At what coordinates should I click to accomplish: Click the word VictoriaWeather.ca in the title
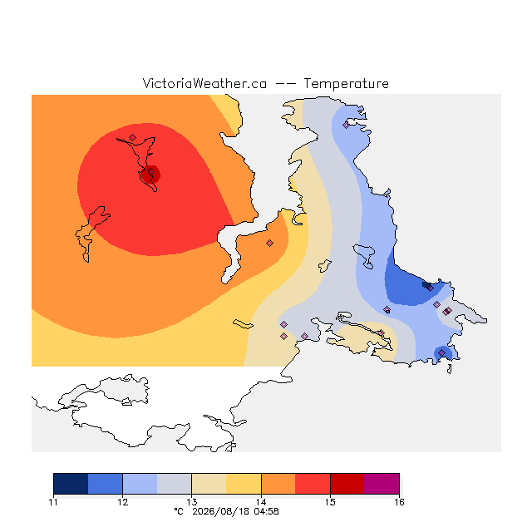pyautogui.click(x=204, y=83)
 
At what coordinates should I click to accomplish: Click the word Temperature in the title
pyautogui.click(x=346, y=83)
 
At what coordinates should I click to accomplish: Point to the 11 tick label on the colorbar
pyautogui.click(x=53, y=502)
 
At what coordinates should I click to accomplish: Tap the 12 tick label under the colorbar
pyautogui.click(x=122, y=502)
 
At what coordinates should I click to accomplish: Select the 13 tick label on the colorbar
pyautogui.click(x=192, y=502)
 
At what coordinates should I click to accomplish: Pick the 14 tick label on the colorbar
pyautogui.click(x=261, y=502)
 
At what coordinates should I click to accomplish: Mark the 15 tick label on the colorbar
pyautogui.click(x=330, y=502)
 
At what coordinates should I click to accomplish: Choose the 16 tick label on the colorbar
pyautogui.click(x=399, y=502)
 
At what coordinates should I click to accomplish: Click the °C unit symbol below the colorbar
pyautogui.click(x=179, y=511)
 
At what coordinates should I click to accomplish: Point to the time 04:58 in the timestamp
pyautogui.click(x=266, y=511)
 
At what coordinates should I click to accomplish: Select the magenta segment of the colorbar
pyautogui.click(x=382, y=484)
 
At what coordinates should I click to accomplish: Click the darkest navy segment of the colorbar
pyautogui.click(x=71, y=484)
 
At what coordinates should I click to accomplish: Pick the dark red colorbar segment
pyautogui.click(x=347, y=484)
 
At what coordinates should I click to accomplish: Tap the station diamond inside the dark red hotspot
pyautogui.click(x=151, y=172)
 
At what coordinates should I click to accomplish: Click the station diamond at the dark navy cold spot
pyautogui.click(x=431, y=288)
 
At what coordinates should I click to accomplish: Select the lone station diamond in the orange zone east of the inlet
pyautogui.click(x=269, y=243)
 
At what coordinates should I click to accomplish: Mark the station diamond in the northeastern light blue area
pyautogui.click(x=346, y=126)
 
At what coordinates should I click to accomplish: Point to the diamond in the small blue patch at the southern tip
pyautogui.click(x=441, y=352)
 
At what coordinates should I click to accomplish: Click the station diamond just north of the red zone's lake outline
pyautogui.click(x=133, y=137)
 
